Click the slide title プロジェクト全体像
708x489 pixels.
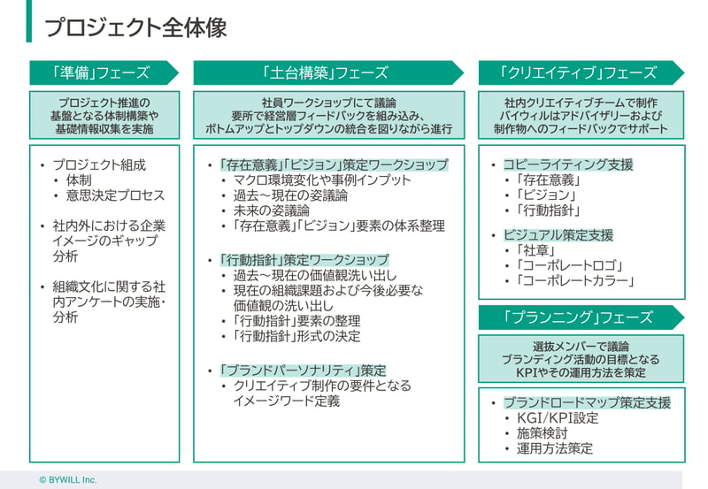(x=135, y=28)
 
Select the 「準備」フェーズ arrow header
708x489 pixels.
(x=104, y=73)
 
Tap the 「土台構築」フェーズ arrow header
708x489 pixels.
(x=328, y=73)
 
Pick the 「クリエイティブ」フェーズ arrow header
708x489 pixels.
(x=581, y=73)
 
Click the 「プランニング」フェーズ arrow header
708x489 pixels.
(x=581, y=317)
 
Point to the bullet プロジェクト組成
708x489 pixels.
(x=99, y=165)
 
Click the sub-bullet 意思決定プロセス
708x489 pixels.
(x=115, y=195)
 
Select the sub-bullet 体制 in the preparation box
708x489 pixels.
(x=79, y=180)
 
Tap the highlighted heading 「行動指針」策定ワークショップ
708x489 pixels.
(x=304, y=260)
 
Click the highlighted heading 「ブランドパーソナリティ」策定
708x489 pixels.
(x=303, y=371)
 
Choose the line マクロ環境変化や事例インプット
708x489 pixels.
(x=322, y=180)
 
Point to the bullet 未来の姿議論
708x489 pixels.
(x=272, y=210)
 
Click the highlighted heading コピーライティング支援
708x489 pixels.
(x=568, y=164)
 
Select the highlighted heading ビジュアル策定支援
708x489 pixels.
(x=558, y=235)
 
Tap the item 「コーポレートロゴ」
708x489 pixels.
(x=570, y=265)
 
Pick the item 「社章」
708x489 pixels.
(x=536, y=250)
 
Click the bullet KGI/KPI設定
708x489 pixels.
(x=558, y=418)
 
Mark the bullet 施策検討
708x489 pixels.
(x=542, y=433)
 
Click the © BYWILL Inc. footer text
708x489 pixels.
(x=68, y=480)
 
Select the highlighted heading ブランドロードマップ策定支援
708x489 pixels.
(x=587, y=402)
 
